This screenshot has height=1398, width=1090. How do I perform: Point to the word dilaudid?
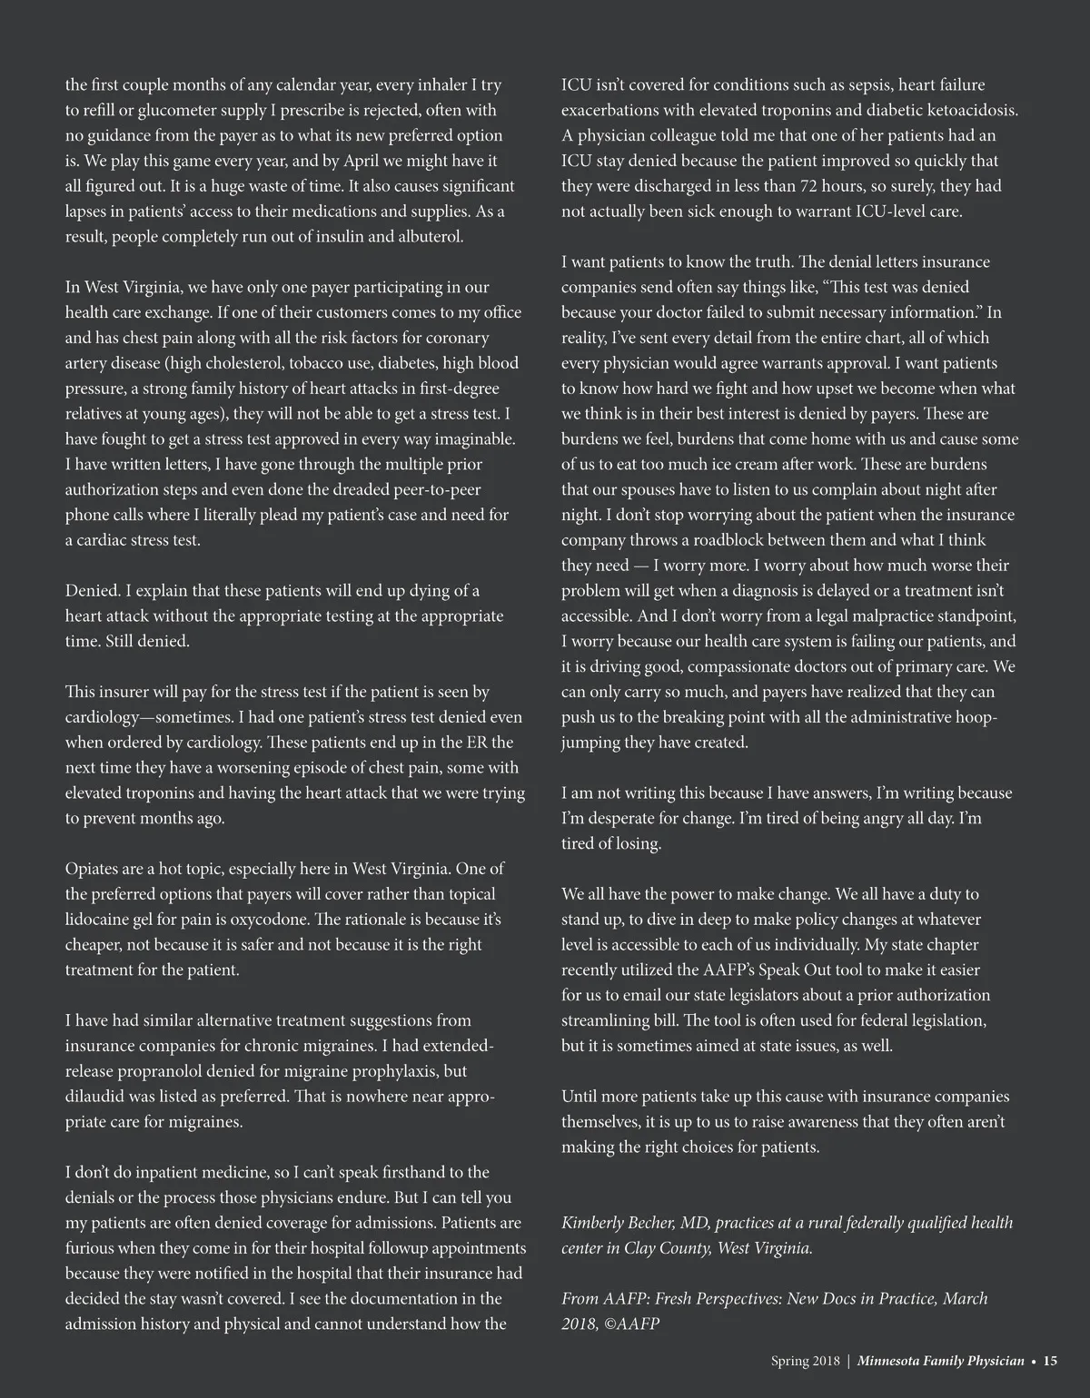click(x=94, y=1097)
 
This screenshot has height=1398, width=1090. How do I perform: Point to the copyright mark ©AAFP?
click(x=621, y=1324)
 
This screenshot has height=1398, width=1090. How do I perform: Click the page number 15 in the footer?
click(x=1049, y=1361)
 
